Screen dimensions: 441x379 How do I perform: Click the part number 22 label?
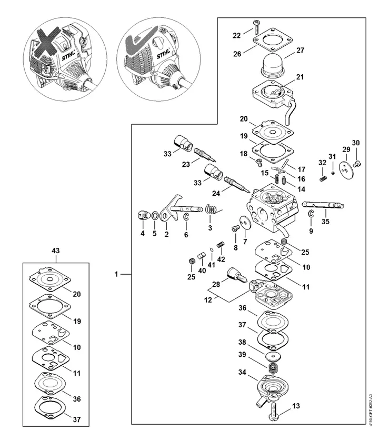(237, 35)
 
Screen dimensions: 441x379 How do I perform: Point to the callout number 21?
(300, 77)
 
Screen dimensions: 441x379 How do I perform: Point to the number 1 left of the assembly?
(117, 274)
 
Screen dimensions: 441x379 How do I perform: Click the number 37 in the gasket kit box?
(77, 419)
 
